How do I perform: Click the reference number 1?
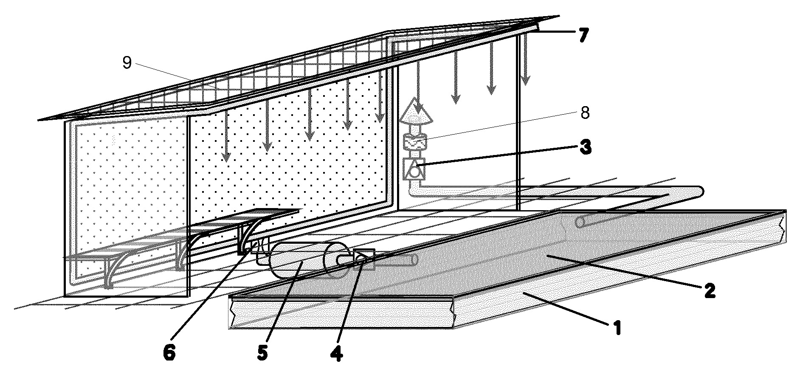pos(616,328)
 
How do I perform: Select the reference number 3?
pos(586,149)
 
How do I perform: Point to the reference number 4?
pos(337,354)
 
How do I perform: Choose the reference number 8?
pos(585,114)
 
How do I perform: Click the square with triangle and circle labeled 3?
pos(414,168)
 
